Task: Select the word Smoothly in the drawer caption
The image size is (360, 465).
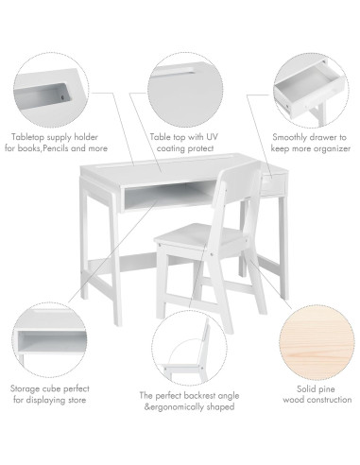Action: (288, 137)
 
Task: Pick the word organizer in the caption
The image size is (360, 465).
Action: (331, 149)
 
